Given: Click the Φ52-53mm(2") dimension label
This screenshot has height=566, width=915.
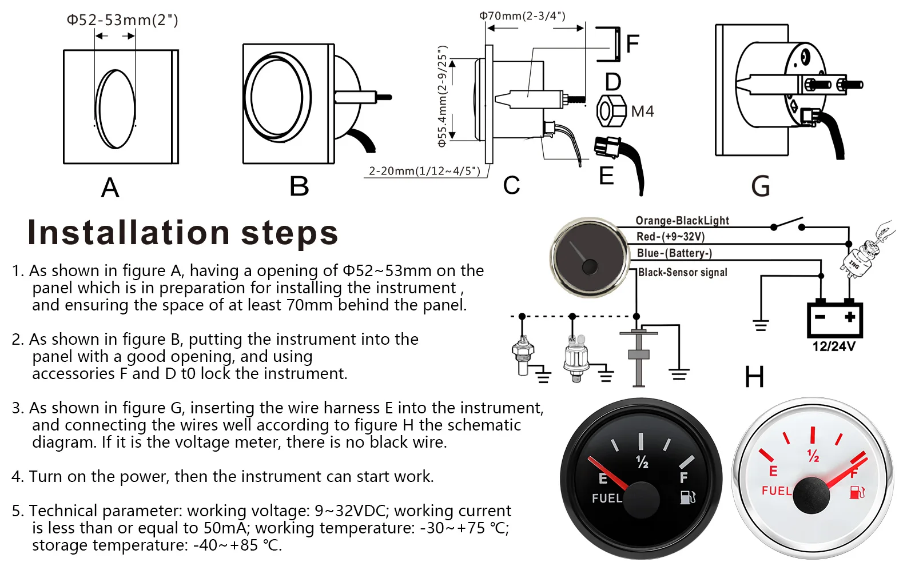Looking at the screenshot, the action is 122,20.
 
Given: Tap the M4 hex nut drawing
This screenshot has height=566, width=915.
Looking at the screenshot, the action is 611,111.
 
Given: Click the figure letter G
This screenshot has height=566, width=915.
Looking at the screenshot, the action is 760,186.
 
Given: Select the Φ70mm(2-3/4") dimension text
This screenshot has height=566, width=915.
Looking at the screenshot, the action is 523,16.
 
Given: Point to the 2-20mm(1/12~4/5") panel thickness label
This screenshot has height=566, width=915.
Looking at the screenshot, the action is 424,171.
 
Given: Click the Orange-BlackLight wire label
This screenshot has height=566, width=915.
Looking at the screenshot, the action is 682,221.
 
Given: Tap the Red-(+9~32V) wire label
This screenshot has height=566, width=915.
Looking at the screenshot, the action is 670,237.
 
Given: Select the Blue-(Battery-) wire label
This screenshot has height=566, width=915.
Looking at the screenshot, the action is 674,253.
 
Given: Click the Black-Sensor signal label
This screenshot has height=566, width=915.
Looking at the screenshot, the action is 683,272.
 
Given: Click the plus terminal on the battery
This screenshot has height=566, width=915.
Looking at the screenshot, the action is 850,317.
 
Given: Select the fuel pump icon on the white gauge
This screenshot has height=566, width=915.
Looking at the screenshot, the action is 857,492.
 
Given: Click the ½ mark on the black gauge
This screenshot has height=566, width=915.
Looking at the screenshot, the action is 642,462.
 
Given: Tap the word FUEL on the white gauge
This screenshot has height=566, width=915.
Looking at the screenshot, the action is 777,491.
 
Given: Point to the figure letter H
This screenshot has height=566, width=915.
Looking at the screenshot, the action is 754,377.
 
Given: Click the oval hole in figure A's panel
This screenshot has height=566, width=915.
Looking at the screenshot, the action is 116,109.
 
